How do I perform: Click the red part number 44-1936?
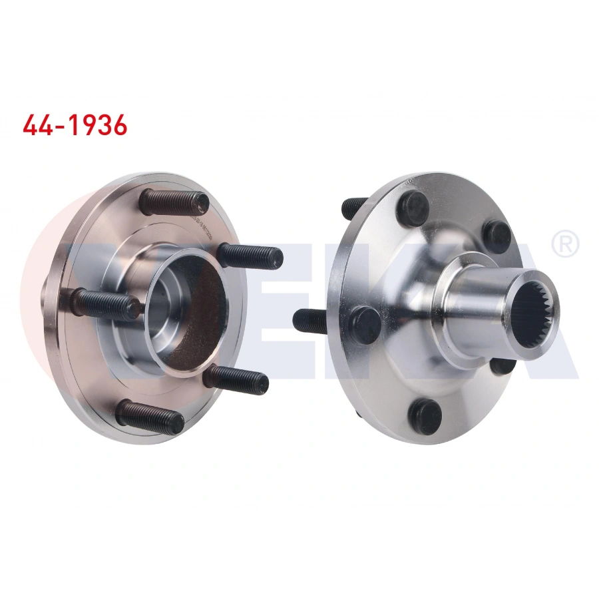point(75,125)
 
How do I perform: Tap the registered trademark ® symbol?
point(565,245)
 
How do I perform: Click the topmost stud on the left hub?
point(175,200)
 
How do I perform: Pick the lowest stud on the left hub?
point(150,417)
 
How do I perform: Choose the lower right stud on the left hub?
point(236,379)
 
